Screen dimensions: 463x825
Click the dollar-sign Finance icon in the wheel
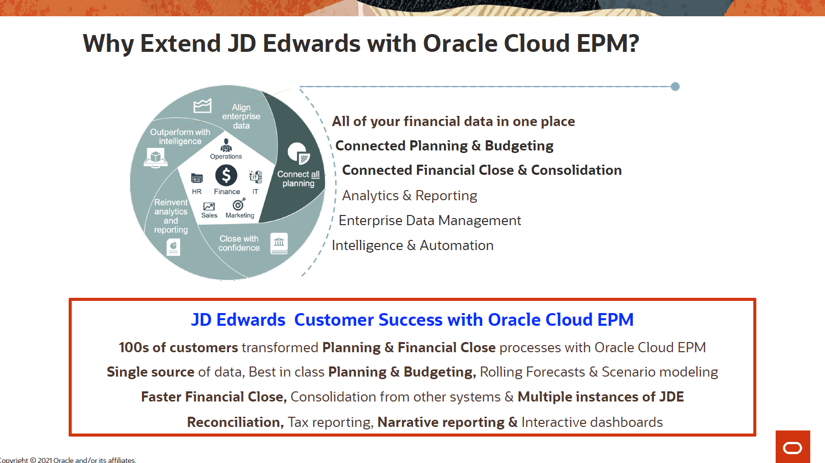(x=226, y=175)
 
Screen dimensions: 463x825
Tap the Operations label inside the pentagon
(x=226, y=157)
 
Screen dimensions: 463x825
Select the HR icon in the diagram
(x=197, y=178)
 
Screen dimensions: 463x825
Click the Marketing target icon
(x=239, y=204)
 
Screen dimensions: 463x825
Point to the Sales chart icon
(x=209, y=206)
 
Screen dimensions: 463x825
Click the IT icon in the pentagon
(x=255, y=177)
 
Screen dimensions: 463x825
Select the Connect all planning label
(x=299, y=179)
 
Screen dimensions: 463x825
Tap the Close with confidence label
(x=239, y=243)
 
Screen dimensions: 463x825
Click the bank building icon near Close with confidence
(x=279, y=243)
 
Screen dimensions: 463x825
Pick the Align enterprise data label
(x=241, y=116)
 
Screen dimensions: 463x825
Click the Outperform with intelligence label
(x=180, y=137)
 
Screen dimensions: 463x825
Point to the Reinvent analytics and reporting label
(x=171, y=216)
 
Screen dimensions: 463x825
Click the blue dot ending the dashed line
(x=675, y=86)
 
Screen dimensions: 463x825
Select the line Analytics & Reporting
(x=409, y=196)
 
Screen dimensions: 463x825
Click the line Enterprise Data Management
(x=430, y=221)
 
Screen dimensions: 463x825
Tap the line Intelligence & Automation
(x=412, y=245)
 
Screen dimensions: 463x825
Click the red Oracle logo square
(x=792, y=447)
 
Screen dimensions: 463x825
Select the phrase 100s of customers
(x=178, y=348)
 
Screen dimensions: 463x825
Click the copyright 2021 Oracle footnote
(x=68, y=460)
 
